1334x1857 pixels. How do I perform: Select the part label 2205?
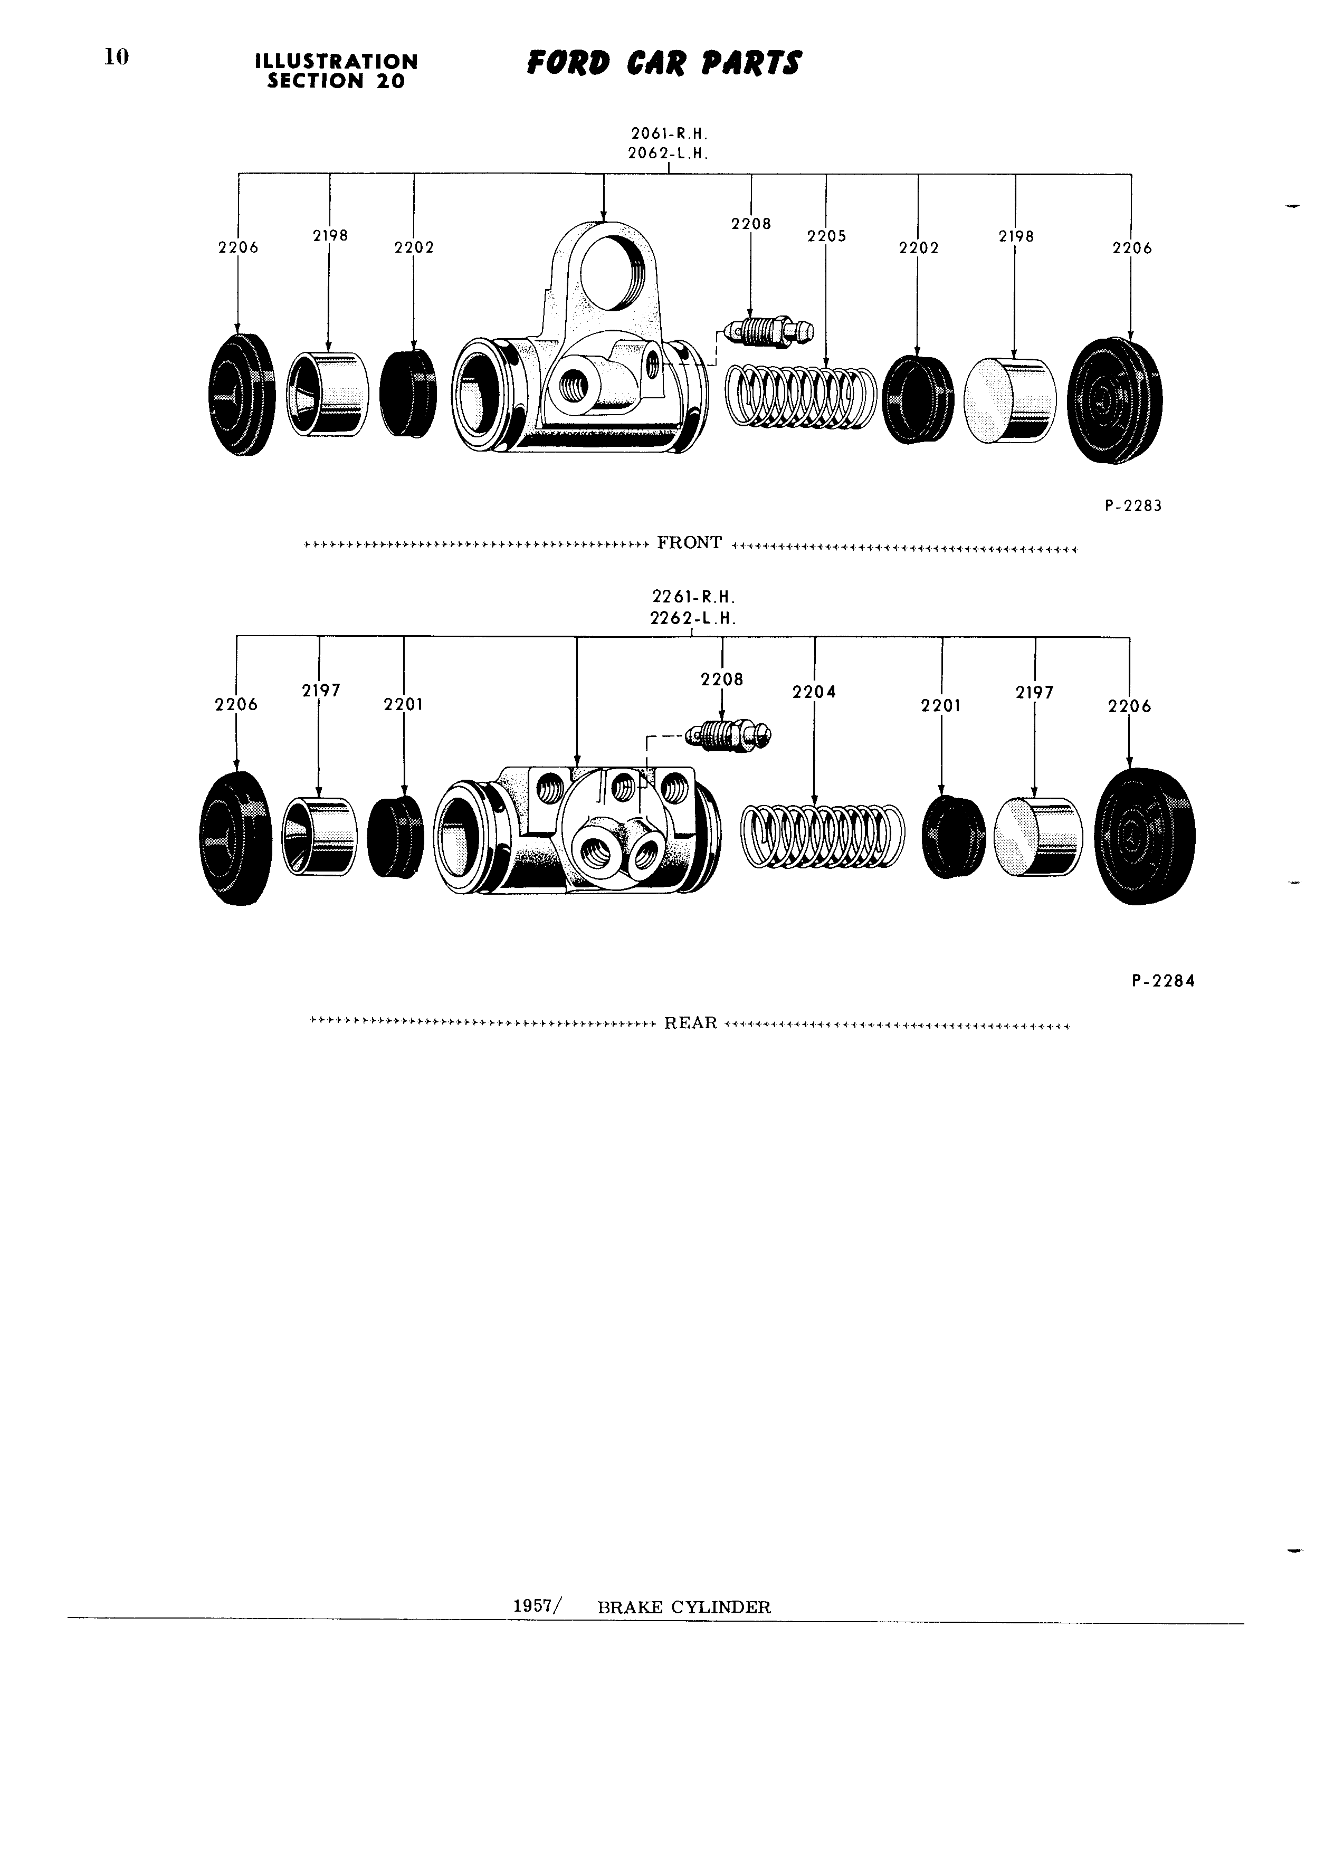pyautogui.click(x=826, y=236)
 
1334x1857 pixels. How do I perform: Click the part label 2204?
pyautogui.click(x=814, y=692)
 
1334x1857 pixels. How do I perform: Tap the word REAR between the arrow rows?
pyautogui.click(x=691, y=1022)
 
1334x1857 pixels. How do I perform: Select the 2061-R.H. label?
pyautogui.click(x=669, y=133)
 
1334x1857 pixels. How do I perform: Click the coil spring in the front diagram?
pyautogui.click(x=802, y=395)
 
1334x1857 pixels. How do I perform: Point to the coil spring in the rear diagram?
pyautogui.click(x=823, y=835)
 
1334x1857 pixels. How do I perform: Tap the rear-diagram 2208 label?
pyautogui.click(x=722, y=679)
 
